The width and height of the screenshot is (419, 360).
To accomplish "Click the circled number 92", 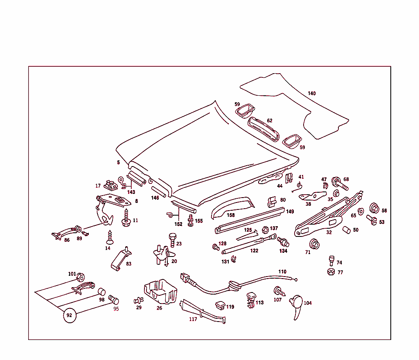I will tap(70, 315).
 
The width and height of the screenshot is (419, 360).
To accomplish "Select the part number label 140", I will tap(312, 94).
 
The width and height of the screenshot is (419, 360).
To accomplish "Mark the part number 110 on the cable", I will tap(282, 272).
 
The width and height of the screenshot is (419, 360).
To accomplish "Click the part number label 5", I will tap(118, 162).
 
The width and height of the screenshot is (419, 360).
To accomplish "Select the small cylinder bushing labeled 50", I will tap(346, 230).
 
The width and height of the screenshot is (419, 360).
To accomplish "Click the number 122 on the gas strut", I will tap(254, 251).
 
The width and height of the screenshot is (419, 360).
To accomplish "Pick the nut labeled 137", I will tap(265, 229).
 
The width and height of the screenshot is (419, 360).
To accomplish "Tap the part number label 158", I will tap(231, 215).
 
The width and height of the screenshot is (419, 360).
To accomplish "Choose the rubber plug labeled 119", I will tap(220, 305).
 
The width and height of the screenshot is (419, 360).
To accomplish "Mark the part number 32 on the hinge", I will tap(329, 232).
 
